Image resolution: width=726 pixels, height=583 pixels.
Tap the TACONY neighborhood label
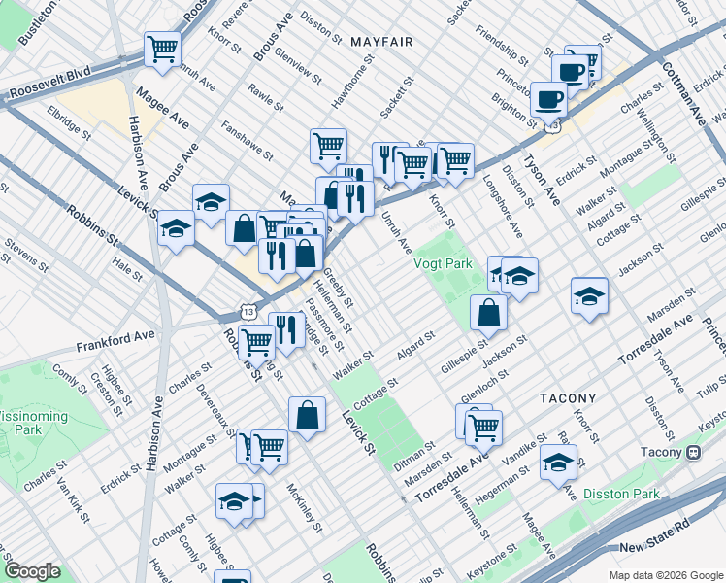coord(568,398)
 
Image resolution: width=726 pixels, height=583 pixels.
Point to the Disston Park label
coord(621,494)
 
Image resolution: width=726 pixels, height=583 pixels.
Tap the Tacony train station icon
coord(694,453)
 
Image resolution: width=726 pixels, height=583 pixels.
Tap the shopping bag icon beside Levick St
coord(308,414)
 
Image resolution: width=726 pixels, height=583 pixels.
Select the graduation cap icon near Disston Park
coord(558,462)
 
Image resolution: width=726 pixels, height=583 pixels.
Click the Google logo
coord(32,571)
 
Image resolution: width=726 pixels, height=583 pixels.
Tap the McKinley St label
coord(305,509)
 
